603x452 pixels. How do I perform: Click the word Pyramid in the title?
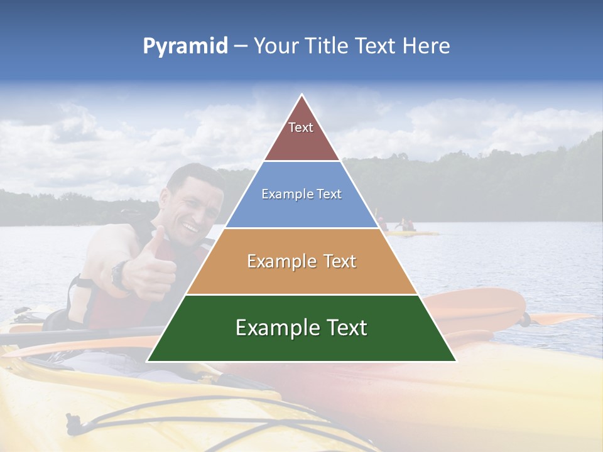point(185,46)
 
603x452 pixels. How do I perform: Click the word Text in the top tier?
point(301,127)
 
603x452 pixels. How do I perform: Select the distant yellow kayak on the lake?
point(411,234)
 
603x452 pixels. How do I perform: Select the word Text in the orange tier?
point(340,261)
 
